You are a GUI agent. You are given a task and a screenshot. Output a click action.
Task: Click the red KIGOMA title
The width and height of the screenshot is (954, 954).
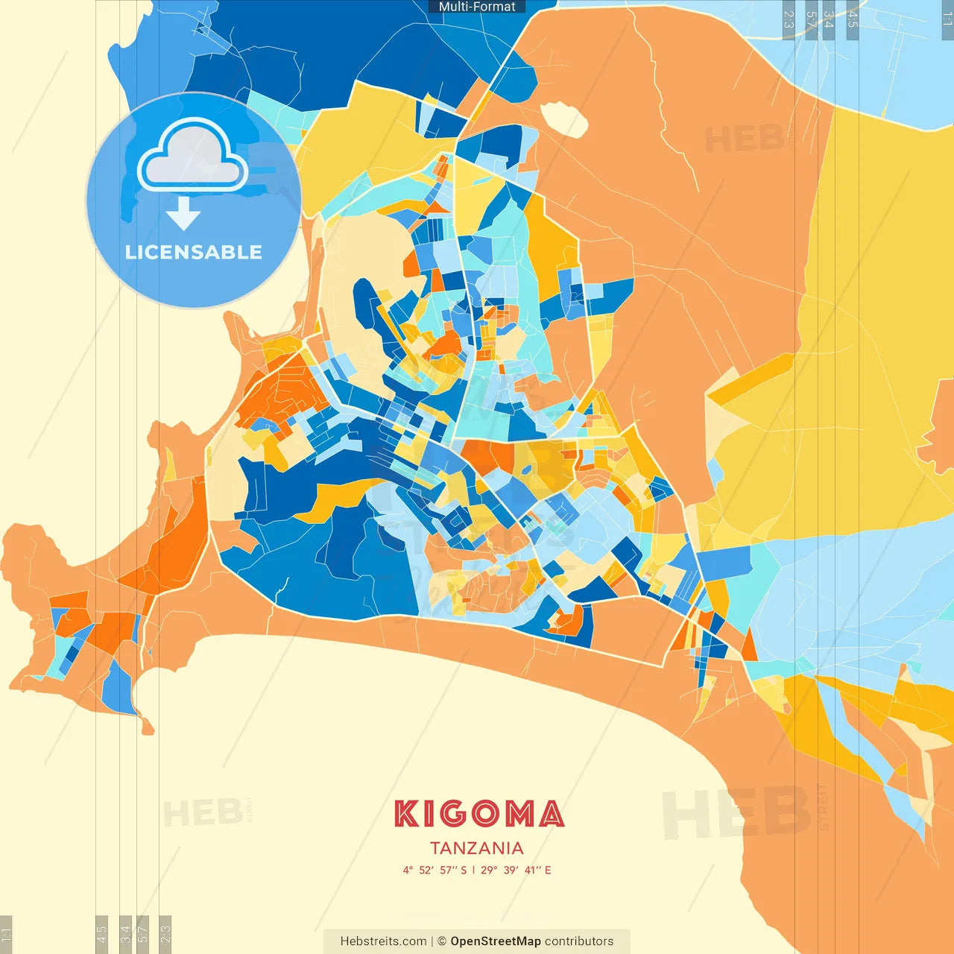[478, 814]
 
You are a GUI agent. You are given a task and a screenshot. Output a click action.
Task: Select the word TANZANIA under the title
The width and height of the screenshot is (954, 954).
[477, 848]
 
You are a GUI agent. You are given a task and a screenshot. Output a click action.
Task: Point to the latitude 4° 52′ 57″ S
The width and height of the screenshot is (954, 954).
[435, 870]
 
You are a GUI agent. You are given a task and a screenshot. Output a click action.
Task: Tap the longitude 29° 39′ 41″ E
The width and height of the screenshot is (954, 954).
[516, 870]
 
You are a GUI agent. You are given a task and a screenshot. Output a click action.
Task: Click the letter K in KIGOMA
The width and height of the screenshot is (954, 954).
[407, 814]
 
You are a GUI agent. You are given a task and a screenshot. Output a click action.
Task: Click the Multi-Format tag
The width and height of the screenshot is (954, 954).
[477, 7]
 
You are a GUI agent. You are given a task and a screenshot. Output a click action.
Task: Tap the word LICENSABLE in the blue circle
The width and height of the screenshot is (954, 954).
[194, 252]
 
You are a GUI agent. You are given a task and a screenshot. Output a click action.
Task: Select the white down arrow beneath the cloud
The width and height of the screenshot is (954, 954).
[183, 213]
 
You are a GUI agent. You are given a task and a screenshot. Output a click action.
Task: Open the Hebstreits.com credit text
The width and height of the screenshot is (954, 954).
[383, 941]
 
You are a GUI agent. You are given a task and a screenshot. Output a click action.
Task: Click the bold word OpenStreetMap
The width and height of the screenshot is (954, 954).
[495, 941]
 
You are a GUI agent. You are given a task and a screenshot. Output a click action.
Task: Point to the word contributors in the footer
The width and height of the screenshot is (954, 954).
[579, 941]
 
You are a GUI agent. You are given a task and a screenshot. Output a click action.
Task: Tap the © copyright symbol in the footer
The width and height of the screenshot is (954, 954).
[442, 941]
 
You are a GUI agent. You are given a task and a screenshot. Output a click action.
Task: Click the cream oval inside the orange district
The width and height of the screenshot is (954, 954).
[563, 119]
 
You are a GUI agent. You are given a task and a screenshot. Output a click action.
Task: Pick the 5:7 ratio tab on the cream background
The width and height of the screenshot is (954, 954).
[143, 934]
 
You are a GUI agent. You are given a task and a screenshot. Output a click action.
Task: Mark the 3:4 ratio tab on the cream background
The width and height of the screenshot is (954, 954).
[125, 934]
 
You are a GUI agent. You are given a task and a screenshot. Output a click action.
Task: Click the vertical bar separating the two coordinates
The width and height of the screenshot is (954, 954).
[473, 870]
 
